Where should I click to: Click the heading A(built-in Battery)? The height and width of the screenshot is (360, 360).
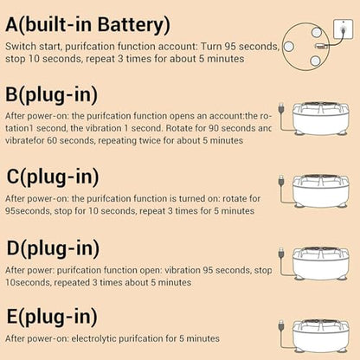[x=87, y=25]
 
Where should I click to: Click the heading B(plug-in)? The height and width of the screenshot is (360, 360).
[x=52, y=95]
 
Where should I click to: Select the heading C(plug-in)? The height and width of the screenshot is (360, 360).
[x=53, y=177]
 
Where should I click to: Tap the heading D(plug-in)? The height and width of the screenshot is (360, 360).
[x=53, y=248]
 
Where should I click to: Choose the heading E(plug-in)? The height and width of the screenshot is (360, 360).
[x=52, y=317]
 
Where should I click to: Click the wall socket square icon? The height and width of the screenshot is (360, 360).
[x=343, y=29]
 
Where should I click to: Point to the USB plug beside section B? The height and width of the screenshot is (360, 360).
[x=281, y=108]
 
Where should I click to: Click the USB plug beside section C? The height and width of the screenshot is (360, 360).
[x=281, y=180]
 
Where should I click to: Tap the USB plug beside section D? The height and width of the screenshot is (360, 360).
[x=281, y=253]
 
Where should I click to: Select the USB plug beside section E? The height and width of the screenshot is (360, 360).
[x=281, y=325]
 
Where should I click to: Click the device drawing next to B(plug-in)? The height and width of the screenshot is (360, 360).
[x=320, y=119]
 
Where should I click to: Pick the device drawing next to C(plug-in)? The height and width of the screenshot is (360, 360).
[x=320, y=190]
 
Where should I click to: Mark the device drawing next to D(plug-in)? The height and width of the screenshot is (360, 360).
[x=320, y=263]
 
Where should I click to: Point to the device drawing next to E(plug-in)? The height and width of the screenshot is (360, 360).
[x=320, y=336]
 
